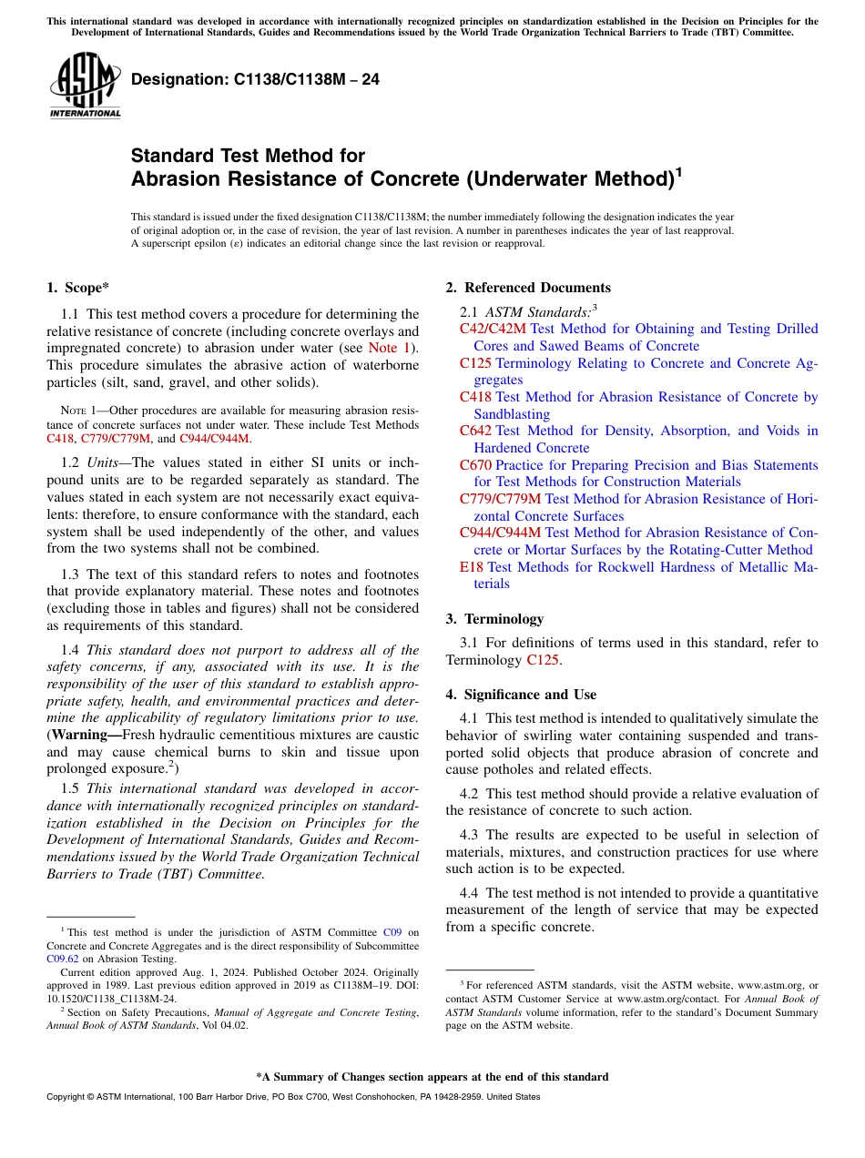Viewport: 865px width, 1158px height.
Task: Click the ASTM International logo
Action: (x=85, y=86)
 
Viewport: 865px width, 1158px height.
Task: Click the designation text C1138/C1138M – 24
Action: (x=255, y=80)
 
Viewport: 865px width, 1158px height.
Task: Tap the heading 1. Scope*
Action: (x=78, y=288)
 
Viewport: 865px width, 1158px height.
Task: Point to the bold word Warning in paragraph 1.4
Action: (x=86, y=735)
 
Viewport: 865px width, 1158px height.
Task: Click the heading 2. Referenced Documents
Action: (x=528, y=288)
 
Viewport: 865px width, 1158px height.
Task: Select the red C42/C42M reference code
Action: (x=493, y=329)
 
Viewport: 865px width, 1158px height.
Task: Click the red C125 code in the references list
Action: (x=475, y=363)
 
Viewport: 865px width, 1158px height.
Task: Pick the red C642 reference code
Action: (x=475, y=431)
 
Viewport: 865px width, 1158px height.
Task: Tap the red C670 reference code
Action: (x=475, y=465)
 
